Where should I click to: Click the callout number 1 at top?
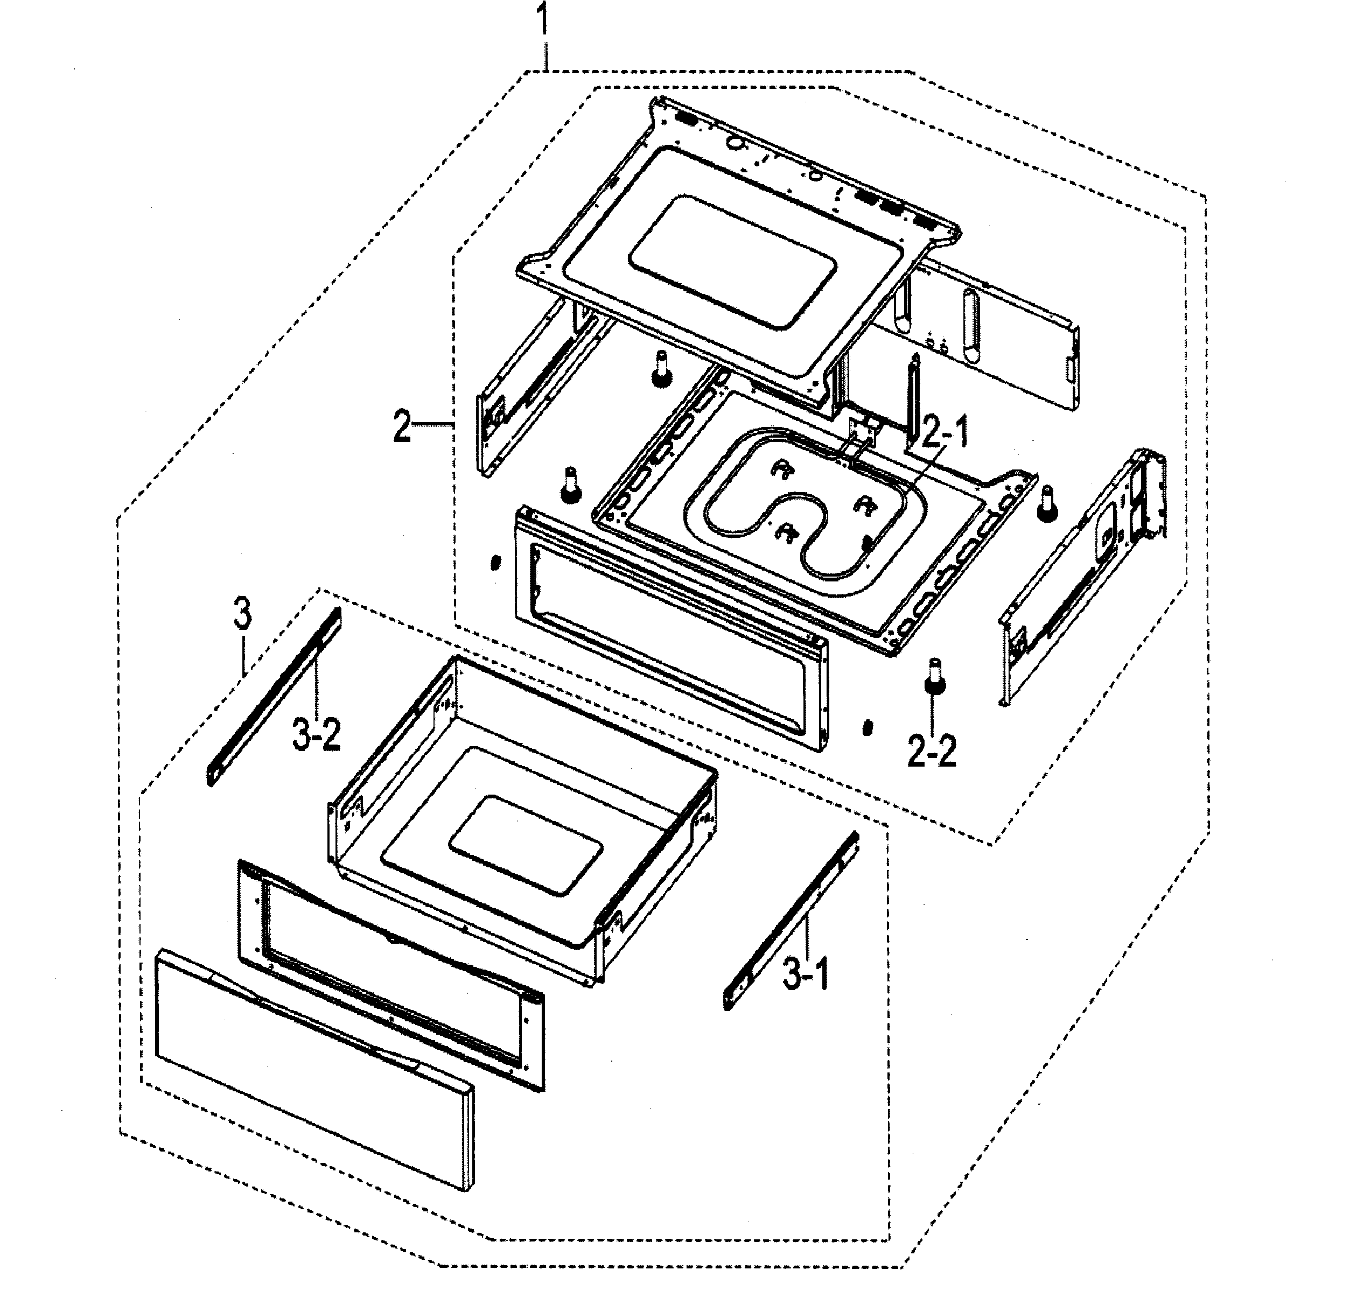(x=544, y=21)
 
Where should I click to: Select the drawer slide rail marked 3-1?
(x=791, y=920)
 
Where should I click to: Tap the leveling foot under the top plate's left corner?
(x=662, y=370)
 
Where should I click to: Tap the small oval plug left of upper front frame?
(x=494, y=563)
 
